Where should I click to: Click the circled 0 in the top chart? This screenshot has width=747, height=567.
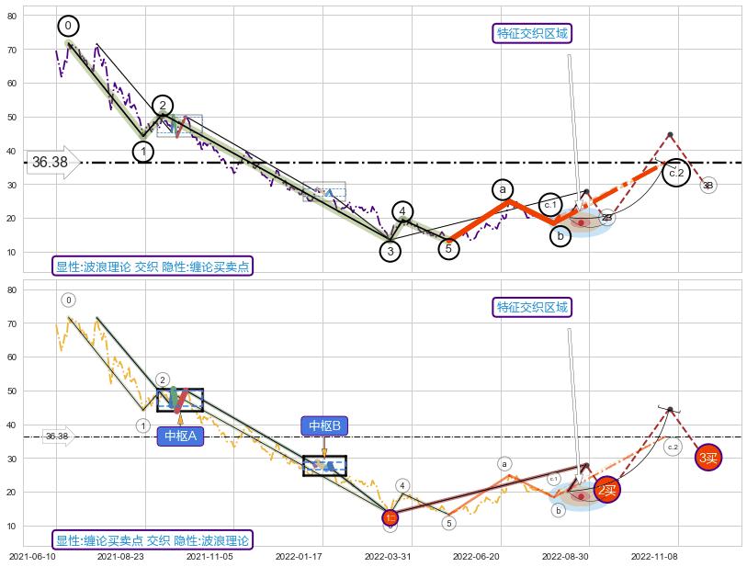point(68,26)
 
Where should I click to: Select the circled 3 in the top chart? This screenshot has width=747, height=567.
point(390,251)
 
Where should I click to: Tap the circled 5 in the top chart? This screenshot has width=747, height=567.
point(448,248)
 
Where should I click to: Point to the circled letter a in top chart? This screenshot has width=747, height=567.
point(502,189)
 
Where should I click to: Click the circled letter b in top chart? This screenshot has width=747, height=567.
point(561,236)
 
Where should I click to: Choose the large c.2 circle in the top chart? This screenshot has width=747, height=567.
point(676,173)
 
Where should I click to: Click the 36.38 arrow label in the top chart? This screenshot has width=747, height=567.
point(52,163)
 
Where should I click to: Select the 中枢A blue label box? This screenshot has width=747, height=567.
point(180,436)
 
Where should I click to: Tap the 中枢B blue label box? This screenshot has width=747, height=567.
point(324,425)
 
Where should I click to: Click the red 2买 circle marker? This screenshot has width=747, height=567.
point(607,491)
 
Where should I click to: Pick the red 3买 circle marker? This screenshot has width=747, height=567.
point(708,457)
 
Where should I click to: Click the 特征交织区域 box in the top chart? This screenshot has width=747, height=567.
point(533,33)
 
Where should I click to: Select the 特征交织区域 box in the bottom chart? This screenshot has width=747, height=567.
point(533,307)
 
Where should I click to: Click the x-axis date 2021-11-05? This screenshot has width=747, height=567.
point(210,556)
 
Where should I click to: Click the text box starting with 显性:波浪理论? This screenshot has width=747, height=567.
point(153,266)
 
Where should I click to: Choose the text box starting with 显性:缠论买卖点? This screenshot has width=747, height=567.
point(153,540)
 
